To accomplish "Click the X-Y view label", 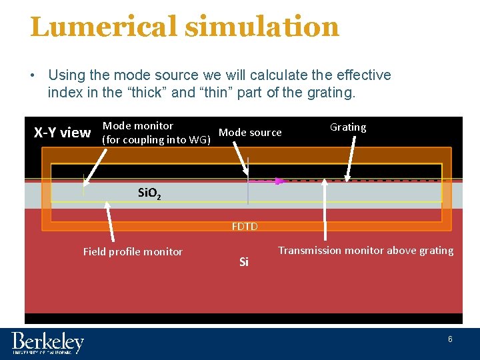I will pyautogui.click(x=62, y=133).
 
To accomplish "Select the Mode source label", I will pyautogui.click(x=250, y=133).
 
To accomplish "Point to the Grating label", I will pyautogui.click(x=348, y=127).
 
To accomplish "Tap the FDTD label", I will pyautogui.click(x=245, y=227).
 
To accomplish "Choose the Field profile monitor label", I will pyautogui.click(x=133, y=251).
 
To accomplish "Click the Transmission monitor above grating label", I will pyautogui.click(x=365, y=251).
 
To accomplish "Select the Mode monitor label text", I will pyautogui.click(x=138, y=126).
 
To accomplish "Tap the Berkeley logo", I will pyautogui.click(x=48, y=343).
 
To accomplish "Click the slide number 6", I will pyautogui.click(x=450, y=339).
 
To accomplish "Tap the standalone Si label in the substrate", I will pyautogui.click(x=243, y=262).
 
